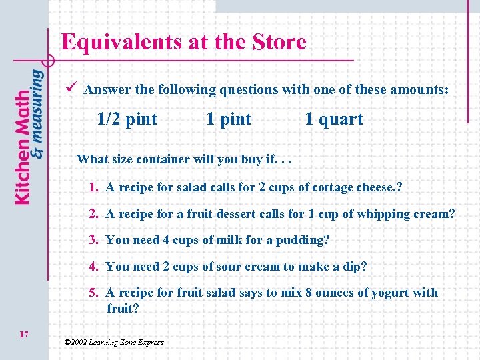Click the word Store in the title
(x=279, y=43)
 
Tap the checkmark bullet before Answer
(x=73, y=87)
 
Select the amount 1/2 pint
(x=127, y=119)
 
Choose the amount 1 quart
(x=333, y=119)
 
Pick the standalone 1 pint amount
(x=229, y=119)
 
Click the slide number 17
(x=24, y=334)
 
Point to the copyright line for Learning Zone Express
(x=113, y=342)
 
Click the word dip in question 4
(x=354, y=267)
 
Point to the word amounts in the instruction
(x=418, y=89)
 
